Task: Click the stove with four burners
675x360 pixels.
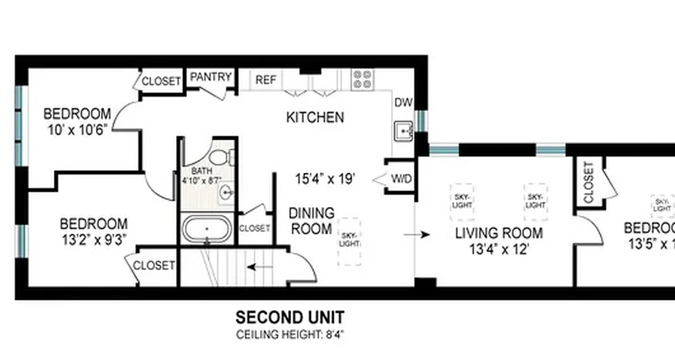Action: [363, 80]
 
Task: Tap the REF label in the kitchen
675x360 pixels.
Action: [265, 80]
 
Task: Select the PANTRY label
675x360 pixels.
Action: [211, 77]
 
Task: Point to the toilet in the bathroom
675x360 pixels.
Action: [222, 157]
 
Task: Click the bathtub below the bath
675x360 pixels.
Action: [207, 229]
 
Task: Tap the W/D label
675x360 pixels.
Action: [401, 179]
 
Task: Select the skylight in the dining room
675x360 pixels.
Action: [349, 241]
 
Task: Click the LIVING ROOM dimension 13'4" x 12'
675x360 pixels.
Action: [499, 249]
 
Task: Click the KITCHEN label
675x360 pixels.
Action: [315, 118]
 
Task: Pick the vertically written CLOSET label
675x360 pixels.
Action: [589, 182]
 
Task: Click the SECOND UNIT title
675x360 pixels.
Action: [290, 317]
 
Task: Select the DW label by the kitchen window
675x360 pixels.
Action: [403, 103]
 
